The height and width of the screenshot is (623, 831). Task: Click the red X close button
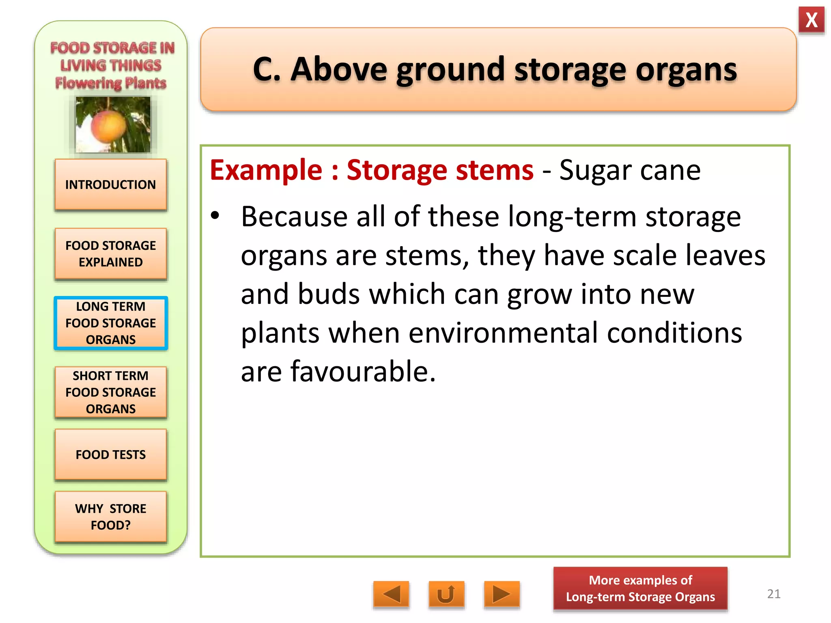[811, 20]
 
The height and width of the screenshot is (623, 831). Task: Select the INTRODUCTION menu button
[110, 185]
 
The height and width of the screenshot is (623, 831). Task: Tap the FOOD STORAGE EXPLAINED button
[110, 254]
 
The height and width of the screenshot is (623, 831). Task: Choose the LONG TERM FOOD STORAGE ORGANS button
[110, 323]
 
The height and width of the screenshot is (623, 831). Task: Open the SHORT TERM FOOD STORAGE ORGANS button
[110, 392]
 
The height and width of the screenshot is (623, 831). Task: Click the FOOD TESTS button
[110, 455]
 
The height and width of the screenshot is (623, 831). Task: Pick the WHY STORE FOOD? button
[110, 517]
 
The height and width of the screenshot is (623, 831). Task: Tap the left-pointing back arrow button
[391, 595]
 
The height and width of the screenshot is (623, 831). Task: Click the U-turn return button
[446, 595]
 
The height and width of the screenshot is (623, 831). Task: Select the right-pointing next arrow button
[502, 595]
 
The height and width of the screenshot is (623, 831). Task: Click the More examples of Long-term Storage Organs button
[640, 589]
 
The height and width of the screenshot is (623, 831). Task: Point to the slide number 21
[774, 594]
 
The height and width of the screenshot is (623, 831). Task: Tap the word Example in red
[266, 170]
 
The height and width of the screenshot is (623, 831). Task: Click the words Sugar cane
[630, 170]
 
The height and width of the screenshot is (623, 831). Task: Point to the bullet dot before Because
[215, 215]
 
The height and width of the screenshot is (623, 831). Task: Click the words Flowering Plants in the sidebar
[111, 83]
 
